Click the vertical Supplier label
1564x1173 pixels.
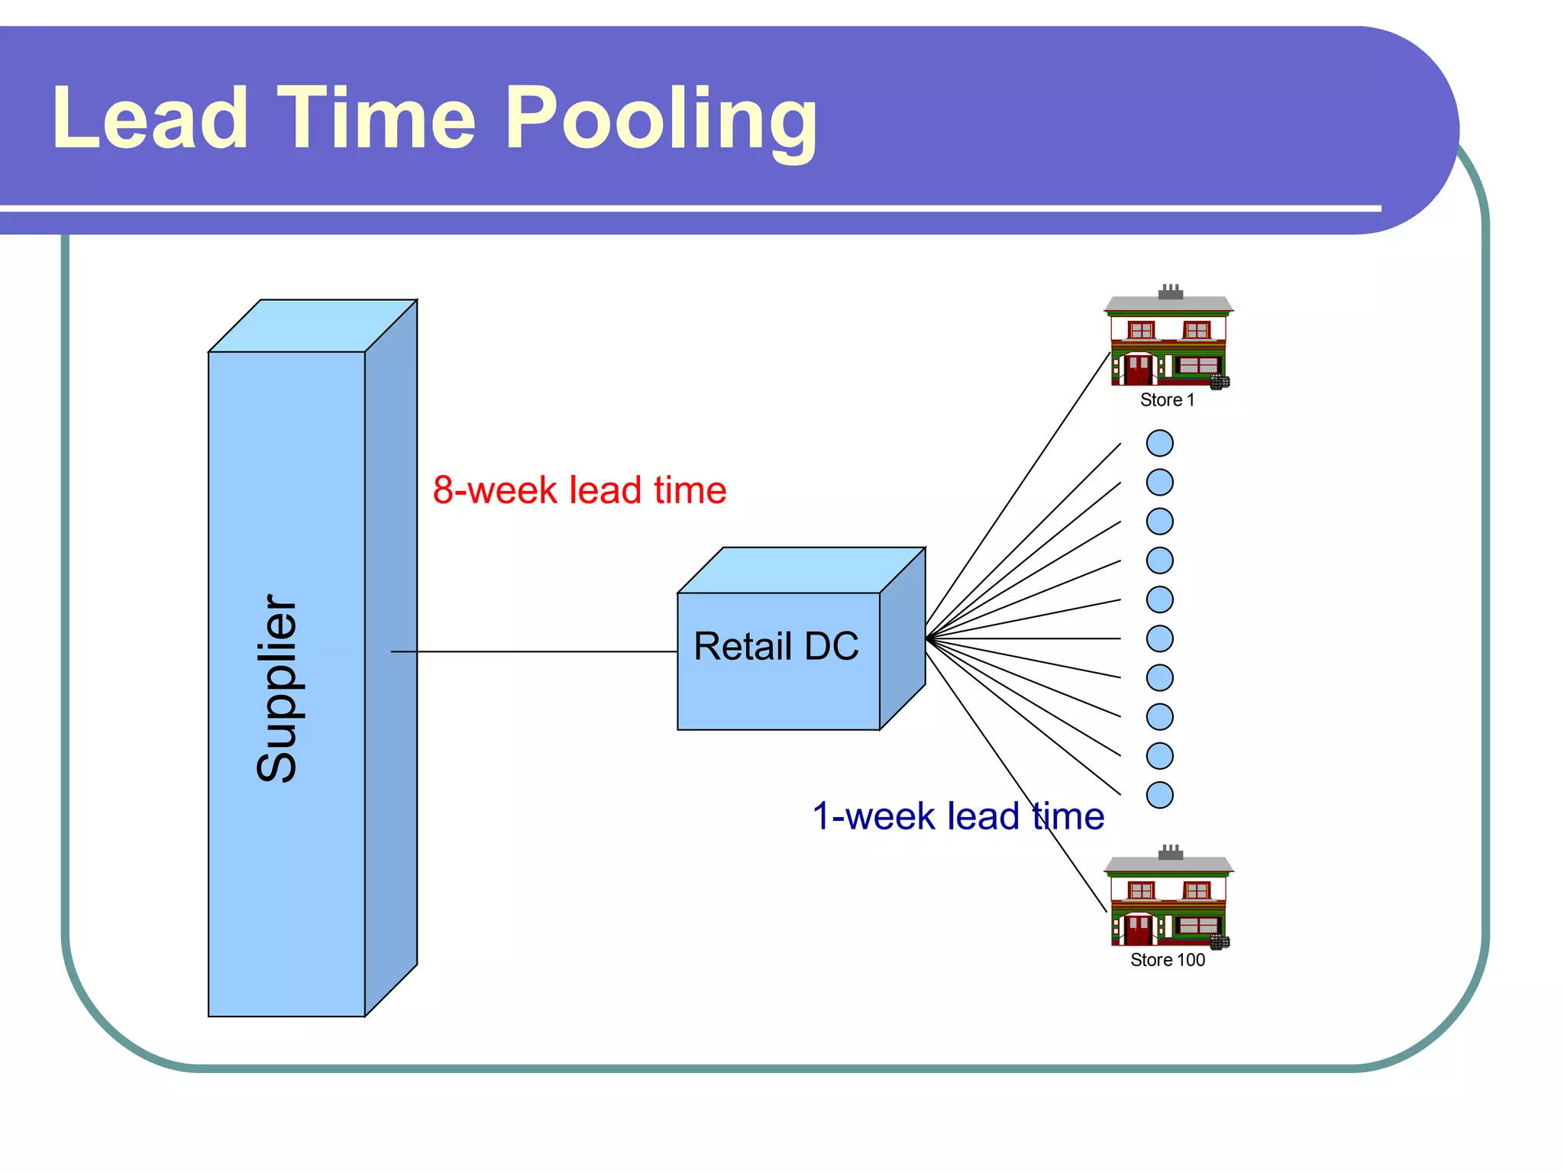(x=276, y=687)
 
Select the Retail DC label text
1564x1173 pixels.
(x=776, y=646)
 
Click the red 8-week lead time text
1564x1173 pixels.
(x=579, y=490)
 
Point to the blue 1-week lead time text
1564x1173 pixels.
(x=958, y=816)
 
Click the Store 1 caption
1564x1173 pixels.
(x=1167, y=400)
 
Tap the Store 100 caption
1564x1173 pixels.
(x=1167, y=960)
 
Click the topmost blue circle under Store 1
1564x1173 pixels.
(x=1159, y=443)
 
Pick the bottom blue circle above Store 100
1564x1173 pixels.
(x=1159, y=795)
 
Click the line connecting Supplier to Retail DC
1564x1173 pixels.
(x=535, y=651)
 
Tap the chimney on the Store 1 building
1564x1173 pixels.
(x=1170, y=292)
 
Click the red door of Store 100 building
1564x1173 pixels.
(x=1138, y=929)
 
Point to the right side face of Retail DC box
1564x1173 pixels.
(x=903, y=638)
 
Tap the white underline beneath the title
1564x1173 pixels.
(x=687, y=208)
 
